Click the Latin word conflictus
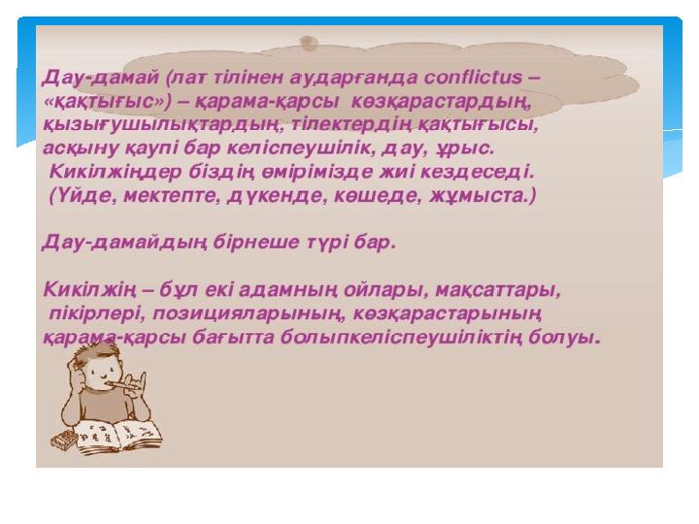pos(472,78)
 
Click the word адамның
pos(288,291)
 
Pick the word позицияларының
pos(250,314)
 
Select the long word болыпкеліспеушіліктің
pos(401,338)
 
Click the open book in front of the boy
pos(119,437)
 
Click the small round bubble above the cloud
pos(309,44)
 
